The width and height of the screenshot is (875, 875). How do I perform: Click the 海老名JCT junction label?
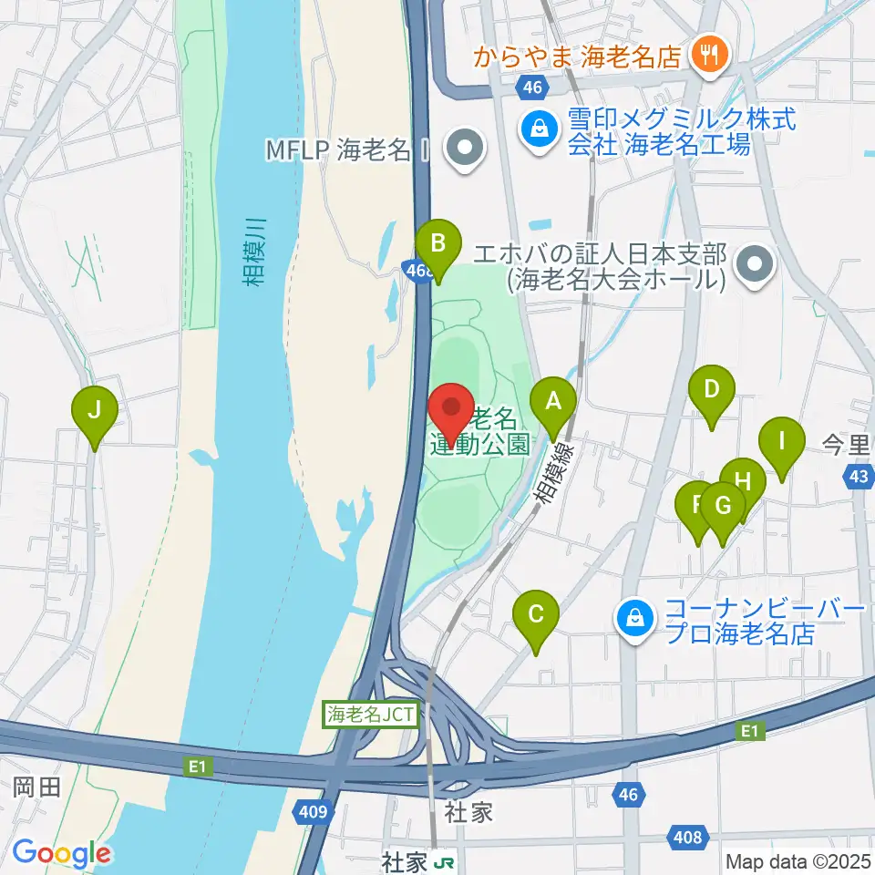(x=371, y=715)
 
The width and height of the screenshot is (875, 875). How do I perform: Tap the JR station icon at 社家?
(x=444, y=859)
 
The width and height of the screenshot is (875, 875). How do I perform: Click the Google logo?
(x=60, y=853)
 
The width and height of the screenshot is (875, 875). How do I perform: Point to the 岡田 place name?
(x=37, y=787)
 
